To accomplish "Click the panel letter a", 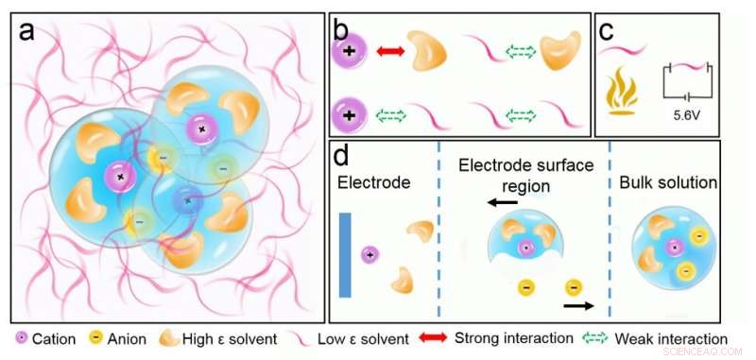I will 27,32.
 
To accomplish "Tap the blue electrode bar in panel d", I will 345,253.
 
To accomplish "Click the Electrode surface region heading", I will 525,175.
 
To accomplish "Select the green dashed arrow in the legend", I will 593,337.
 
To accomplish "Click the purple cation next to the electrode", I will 370,253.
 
